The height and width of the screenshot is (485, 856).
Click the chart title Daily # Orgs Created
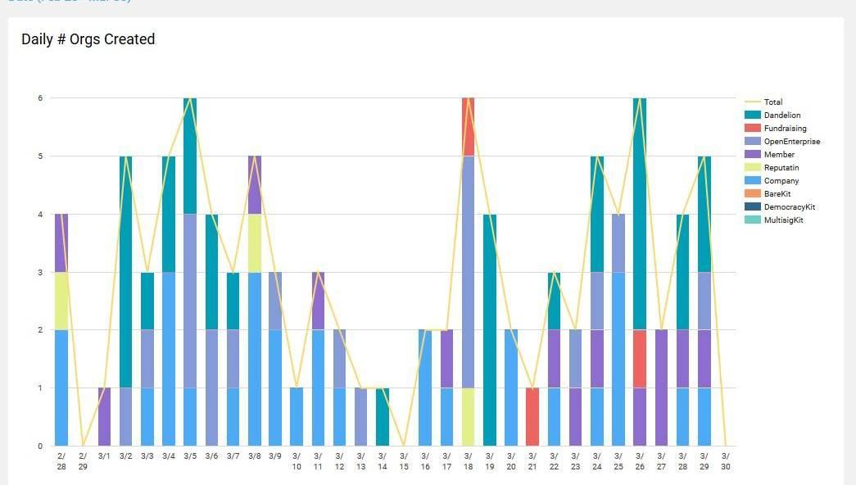point(88,39)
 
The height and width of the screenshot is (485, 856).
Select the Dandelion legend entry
point(781,116)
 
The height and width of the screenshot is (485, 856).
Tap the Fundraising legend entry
point(785,129)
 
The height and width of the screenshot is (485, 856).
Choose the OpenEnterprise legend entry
point(791,142)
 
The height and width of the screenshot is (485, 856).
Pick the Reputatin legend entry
point(781,168)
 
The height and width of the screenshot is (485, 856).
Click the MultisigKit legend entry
point(783,220)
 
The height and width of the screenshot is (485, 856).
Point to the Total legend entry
point(772,102)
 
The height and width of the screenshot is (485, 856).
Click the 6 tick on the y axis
point(40,98)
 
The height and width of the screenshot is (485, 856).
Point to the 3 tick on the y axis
point(40,272)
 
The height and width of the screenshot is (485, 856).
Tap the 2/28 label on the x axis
point(61,461)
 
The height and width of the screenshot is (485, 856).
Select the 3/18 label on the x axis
point(468,461)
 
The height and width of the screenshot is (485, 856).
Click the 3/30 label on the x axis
point(725,461)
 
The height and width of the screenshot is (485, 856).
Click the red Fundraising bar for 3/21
point(532,417)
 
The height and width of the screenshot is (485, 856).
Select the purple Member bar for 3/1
point(104,417)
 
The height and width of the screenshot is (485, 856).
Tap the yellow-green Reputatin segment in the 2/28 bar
point(61,301)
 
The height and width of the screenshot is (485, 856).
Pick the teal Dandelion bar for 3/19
point(490,330)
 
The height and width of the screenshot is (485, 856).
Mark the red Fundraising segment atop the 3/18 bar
point(469,127)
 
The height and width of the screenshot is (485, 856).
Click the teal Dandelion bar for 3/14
point(383,417)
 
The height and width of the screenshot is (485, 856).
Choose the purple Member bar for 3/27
point(661,388)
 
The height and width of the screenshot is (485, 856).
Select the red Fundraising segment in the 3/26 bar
point(640,359)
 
